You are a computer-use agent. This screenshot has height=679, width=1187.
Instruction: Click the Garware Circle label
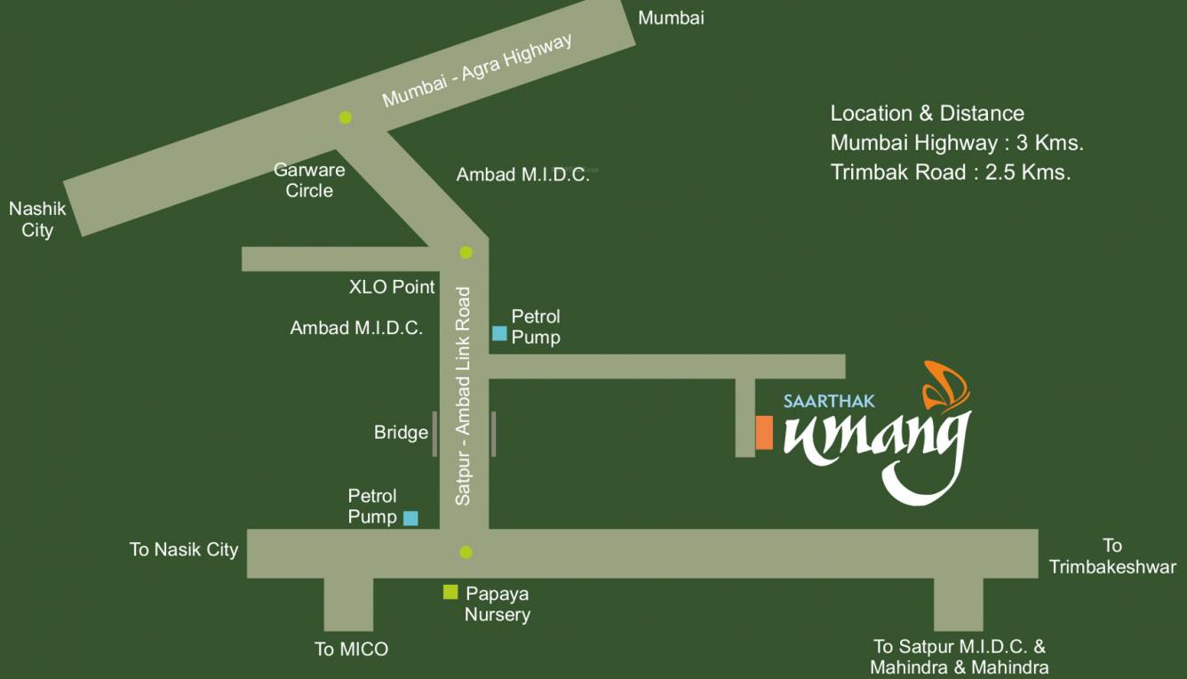309,180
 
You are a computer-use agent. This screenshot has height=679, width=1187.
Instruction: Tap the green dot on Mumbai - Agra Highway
346,117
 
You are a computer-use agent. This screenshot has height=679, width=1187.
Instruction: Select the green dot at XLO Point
466,252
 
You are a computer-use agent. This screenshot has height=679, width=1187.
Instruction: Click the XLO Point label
392,286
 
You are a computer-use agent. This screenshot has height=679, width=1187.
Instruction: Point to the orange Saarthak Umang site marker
764,433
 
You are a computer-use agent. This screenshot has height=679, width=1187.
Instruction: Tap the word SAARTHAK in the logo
817,401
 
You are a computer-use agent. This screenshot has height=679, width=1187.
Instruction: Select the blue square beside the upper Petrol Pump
499,333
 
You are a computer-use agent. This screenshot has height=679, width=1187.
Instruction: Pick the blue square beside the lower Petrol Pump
410,517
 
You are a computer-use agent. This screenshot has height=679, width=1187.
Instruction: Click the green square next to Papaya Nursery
450,592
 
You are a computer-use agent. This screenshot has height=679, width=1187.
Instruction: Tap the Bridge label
401,433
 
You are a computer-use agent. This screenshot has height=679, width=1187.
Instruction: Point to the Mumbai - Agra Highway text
477,71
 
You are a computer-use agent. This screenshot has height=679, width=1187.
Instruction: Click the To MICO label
351,649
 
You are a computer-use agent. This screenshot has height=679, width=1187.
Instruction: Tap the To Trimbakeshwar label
1112,556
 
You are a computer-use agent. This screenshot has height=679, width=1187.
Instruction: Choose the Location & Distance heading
927,114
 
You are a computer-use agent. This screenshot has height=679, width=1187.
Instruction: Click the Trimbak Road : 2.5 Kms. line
950,172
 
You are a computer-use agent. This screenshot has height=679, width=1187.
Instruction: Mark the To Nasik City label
184,549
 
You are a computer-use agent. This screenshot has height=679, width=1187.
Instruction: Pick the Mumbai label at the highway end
671,18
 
